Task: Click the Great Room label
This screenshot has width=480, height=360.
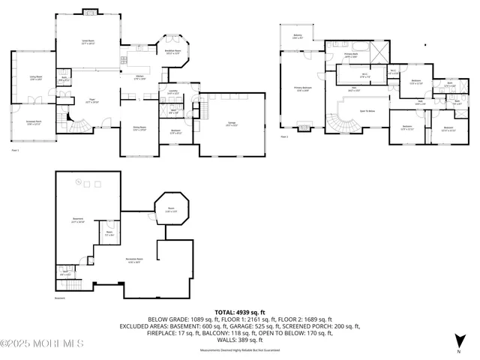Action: [88, 43]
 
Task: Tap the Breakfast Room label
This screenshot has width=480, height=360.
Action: [173, 52]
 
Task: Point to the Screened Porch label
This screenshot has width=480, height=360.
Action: [34, 122]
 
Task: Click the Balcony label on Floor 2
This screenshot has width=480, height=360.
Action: [298, 36]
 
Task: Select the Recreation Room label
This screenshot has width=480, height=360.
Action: [134, 262]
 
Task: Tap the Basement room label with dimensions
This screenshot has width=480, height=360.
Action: [77, 221]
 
